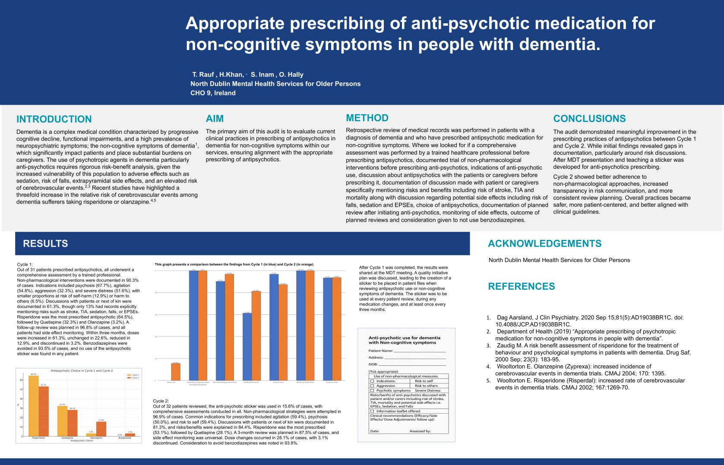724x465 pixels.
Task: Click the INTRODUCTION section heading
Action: [54, 119]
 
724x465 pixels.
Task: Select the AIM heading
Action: [215, 119]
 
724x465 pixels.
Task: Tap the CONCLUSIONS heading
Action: [589, 119]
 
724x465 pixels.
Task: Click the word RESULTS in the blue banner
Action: [45, 244]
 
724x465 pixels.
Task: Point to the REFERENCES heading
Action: [521, 286]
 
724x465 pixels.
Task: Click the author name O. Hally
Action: [291, 75]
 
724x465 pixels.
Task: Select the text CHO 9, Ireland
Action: [213, 93]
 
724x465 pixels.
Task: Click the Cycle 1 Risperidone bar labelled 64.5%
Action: [34, 405]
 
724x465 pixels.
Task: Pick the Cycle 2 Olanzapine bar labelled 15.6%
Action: [101, 429]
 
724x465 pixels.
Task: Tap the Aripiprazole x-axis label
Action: [125, 438]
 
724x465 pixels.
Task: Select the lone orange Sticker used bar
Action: [176, 372]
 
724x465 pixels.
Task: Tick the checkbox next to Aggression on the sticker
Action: [372, 386]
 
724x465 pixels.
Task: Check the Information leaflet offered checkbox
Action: [372, 411]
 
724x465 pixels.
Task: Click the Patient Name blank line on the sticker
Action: [419, 351]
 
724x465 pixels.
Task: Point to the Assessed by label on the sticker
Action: [420, 431]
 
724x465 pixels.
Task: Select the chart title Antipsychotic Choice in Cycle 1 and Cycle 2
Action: [82, 371]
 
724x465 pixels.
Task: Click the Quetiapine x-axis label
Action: [67, 438]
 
